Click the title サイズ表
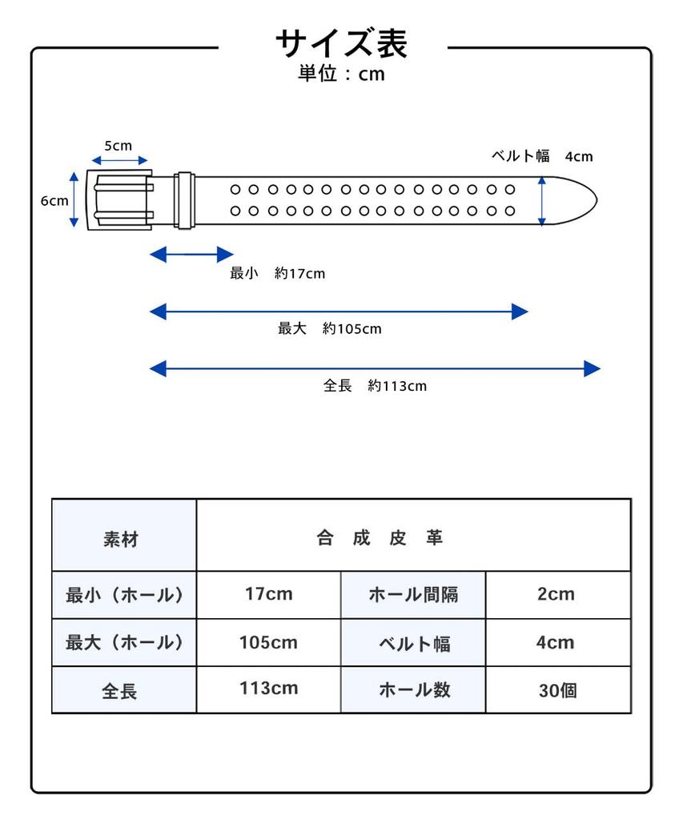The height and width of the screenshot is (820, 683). (341, 43)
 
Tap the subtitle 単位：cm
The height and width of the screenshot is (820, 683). (341, 74)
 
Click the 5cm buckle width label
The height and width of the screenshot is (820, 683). (119, 146)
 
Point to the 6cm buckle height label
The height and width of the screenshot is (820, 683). (54, 201)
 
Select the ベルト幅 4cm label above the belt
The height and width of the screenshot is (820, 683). (542, 156)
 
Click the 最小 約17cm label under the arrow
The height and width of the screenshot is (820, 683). (277, 273)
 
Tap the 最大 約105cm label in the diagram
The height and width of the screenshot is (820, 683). (329, 328)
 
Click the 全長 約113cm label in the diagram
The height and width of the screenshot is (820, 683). (375, 386)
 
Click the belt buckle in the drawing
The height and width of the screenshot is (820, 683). (120, 199)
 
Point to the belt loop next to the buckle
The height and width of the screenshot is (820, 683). (185, 200)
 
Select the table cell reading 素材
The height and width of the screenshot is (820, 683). (124, 535)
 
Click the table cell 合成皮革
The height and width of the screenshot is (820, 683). (414, 535)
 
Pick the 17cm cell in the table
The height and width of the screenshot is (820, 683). (269, 595)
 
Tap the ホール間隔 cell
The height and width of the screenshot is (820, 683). (413, 595)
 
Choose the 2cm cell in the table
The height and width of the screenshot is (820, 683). (558, 595)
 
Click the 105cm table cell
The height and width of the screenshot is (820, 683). (269, 642)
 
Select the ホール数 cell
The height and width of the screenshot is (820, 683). (413, 689)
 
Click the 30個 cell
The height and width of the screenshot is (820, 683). (558, 689)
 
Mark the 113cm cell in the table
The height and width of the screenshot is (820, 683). (269, 689)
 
